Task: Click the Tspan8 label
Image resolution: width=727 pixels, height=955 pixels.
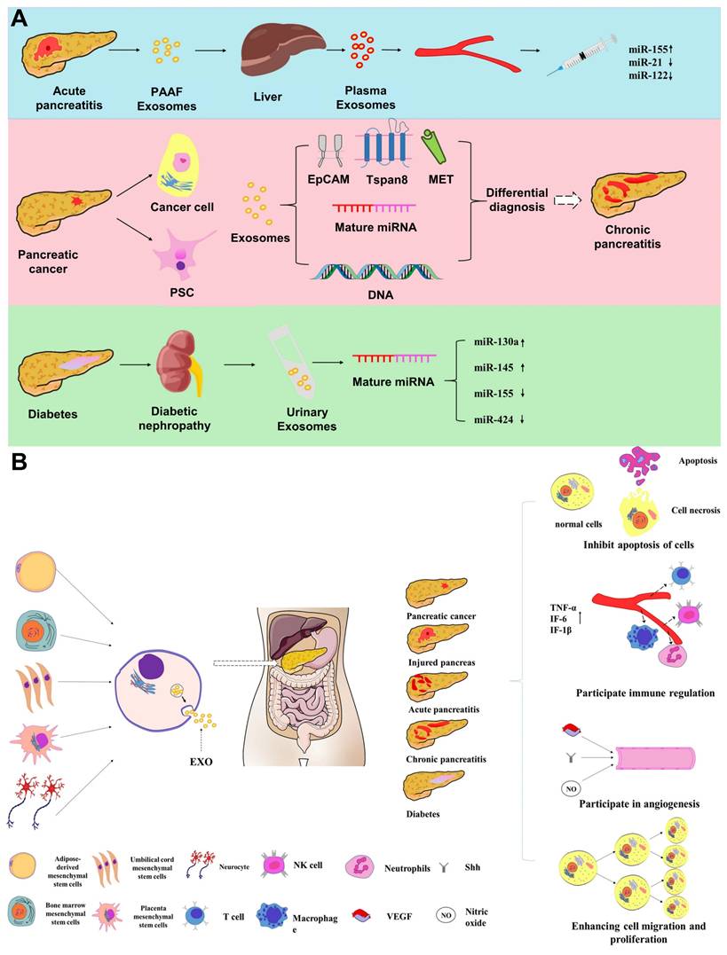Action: (x=381, y=180)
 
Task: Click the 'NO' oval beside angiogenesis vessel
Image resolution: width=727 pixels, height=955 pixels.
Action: (x=570, y=787)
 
